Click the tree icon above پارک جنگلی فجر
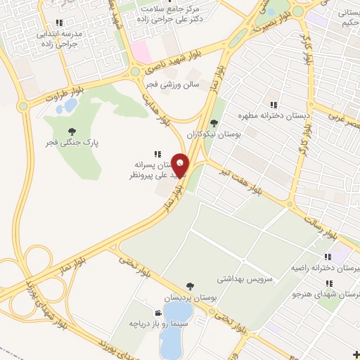72,131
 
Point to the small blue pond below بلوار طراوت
70,106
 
